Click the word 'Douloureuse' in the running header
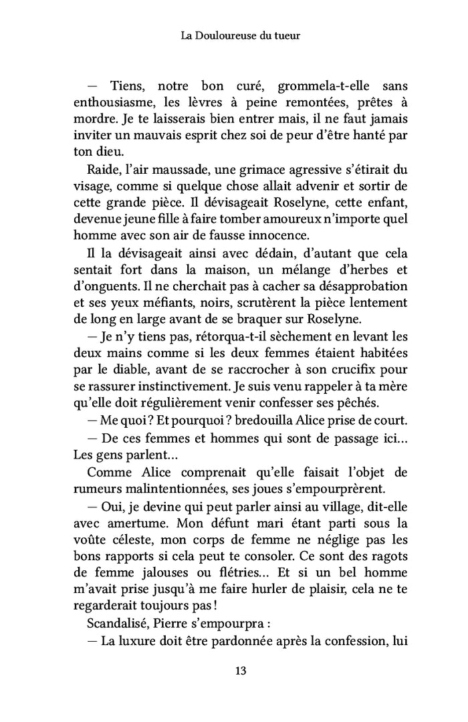[225, 37]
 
